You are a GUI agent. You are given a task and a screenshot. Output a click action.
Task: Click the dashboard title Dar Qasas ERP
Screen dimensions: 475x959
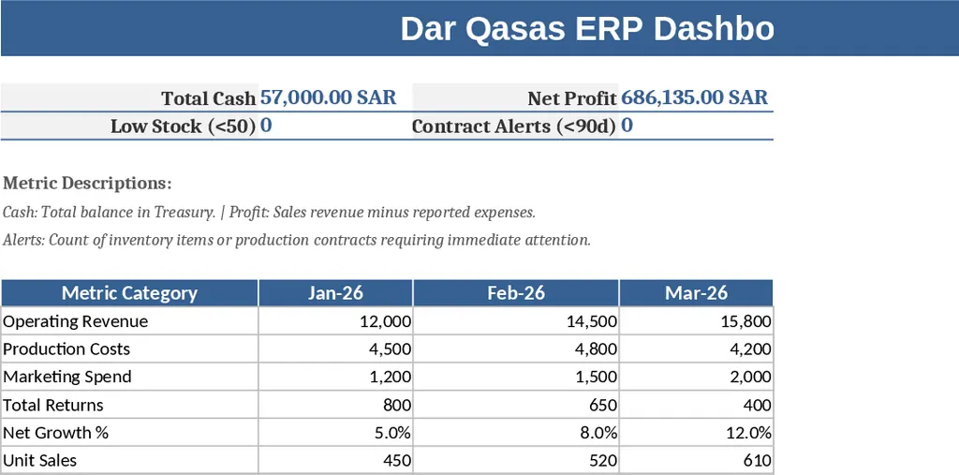[x=587, y=29]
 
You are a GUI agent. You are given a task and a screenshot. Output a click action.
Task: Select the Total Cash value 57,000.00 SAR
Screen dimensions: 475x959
[x=328, y=97]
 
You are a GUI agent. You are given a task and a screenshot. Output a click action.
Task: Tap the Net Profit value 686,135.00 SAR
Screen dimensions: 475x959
[x=694, y=97]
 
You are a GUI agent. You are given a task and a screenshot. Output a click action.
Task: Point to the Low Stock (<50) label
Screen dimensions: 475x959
[x=183, y=126]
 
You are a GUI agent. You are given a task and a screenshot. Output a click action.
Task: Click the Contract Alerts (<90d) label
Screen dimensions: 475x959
[x=513, y=126]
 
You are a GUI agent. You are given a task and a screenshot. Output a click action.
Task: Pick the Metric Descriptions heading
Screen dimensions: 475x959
[x=87, y=183]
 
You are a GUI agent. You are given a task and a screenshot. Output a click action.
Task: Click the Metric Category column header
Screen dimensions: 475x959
[x=129, y=293]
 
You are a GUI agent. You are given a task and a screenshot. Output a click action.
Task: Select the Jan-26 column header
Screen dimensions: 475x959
[x=335, y=293]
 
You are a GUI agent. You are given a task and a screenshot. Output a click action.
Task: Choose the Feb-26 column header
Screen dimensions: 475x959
[x=516, y=293]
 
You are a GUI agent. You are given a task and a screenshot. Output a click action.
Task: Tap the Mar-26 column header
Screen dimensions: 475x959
[x=696, y=293]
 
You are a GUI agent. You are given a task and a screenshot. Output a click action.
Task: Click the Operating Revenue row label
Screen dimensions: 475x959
[x=76, y=321]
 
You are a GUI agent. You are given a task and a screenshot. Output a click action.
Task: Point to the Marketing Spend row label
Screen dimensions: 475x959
[x=67, y=377]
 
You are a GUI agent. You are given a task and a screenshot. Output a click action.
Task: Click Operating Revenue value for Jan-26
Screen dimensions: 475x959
[x=385, y=321]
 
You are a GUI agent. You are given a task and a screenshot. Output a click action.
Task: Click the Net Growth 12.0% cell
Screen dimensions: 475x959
[x=746, y=433]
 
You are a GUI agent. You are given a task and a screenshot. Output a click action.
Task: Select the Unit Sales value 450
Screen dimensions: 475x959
[x=397, y=461]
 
